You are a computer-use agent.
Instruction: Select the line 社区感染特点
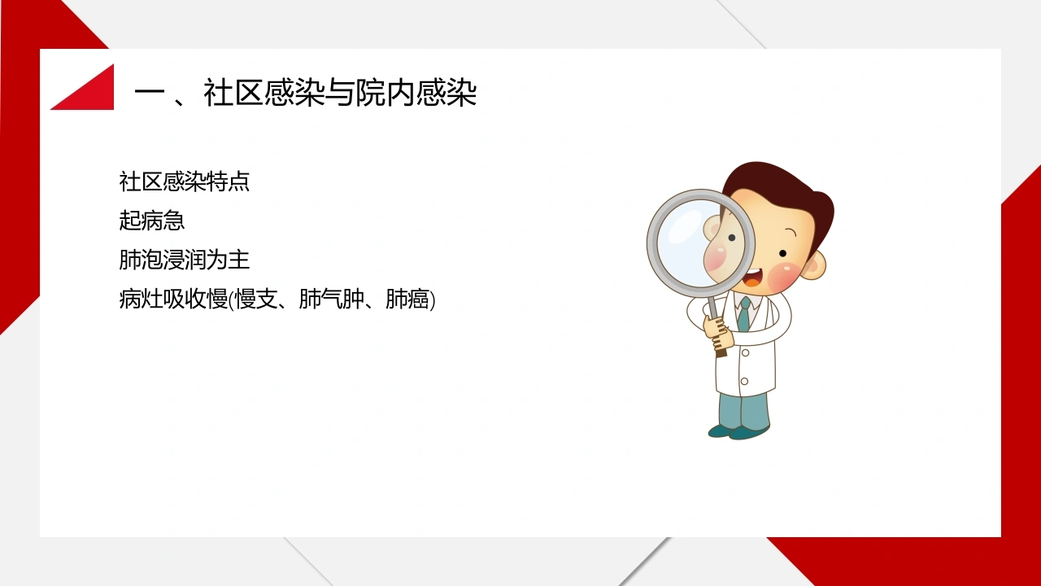click(185, 181)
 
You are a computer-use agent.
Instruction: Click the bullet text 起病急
click(152, 221)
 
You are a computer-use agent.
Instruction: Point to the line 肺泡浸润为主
click(185, 260)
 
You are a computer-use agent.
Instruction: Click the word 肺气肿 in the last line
click(331, 299)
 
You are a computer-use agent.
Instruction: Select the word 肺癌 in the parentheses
click(407, 299)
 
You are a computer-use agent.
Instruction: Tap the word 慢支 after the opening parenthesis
click(256, 299)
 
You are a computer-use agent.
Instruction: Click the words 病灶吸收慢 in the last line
click(173, 299)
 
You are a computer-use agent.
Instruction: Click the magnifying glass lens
click(700, 243)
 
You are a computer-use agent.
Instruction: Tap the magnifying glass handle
click(716, 326)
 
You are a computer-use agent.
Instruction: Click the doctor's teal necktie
click(743, 314)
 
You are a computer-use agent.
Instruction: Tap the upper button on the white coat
click(746, 352)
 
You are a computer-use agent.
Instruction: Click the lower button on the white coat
click(744, 382)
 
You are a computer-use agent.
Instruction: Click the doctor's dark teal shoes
click(738, 431)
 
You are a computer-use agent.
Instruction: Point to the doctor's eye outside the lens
click(782, 253)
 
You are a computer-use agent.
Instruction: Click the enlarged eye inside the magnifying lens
click(732, 238)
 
